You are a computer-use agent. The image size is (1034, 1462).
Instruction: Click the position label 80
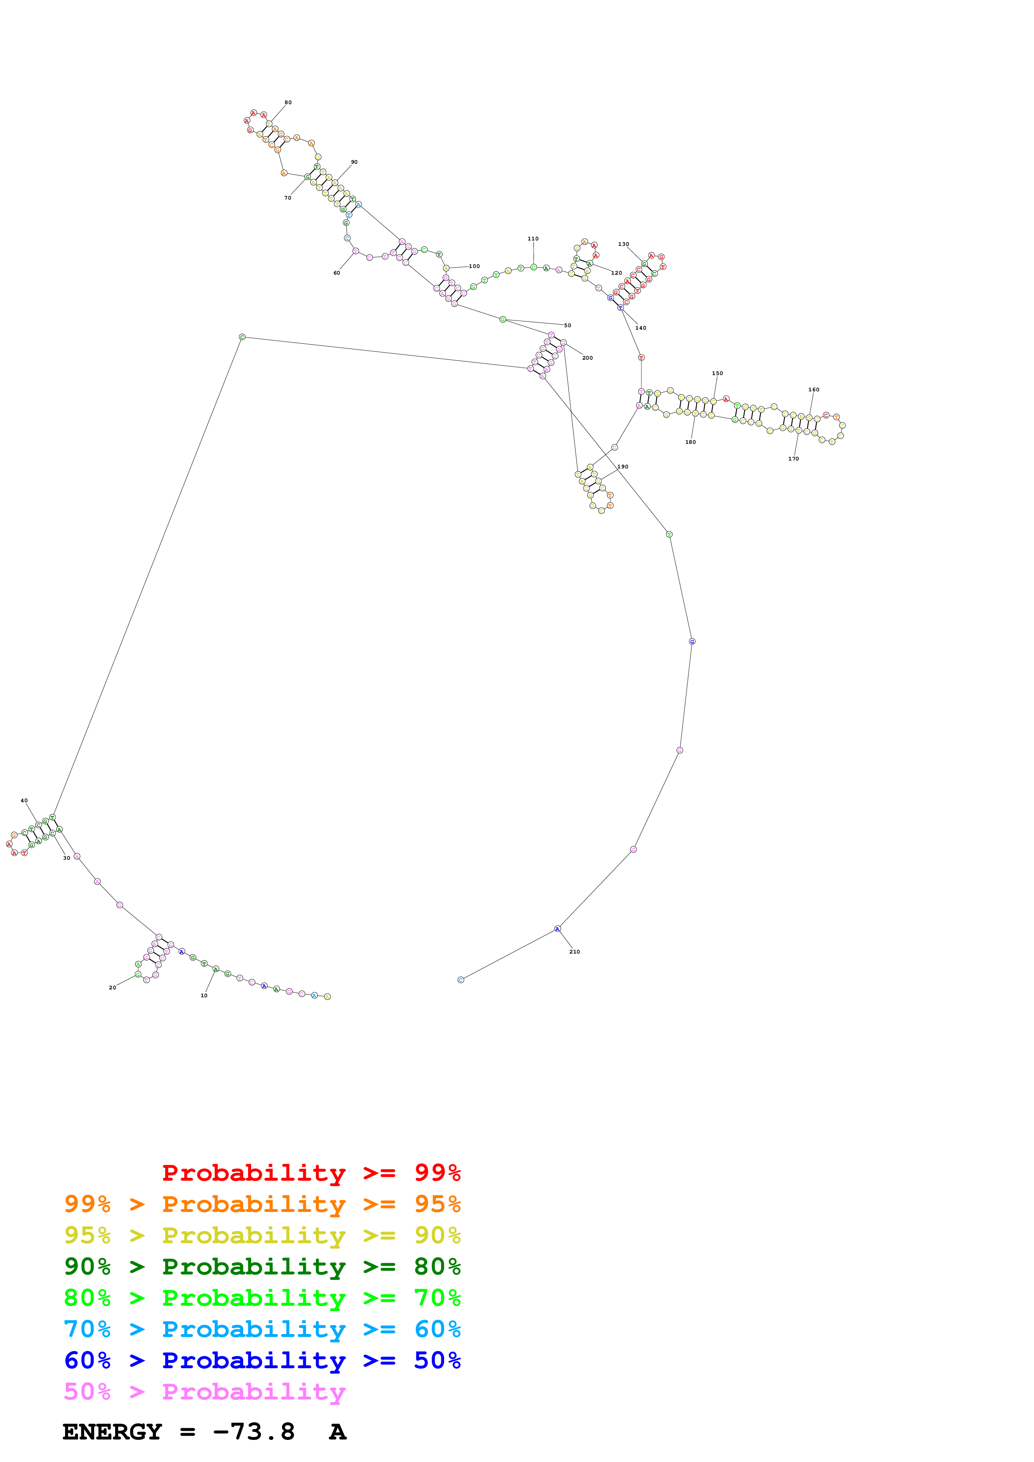pos(288,103)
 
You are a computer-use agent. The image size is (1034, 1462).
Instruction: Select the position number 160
pos(814,390)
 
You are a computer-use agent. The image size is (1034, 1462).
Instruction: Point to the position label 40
pos(24,801)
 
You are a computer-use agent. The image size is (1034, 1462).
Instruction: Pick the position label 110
pos(533,239)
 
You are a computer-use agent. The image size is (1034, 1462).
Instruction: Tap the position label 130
pos(623,244)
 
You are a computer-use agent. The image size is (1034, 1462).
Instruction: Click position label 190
pos(622,467)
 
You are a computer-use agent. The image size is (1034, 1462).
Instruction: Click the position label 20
pos(112,988)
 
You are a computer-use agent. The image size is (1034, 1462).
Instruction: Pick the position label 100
pos(474,266)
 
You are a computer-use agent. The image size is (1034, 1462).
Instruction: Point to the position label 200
pos(587,358)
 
